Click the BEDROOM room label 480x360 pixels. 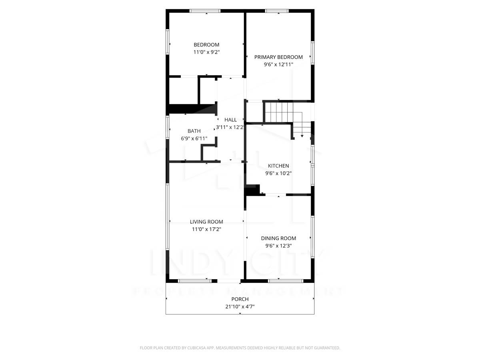pyautogui.click(x=206, y=45)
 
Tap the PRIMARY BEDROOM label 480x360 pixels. pyautogui.click(x=278, y=57)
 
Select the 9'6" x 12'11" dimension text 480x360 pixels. pyautogui.click(x=278, y=64)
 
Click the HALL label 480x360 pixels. pyautogui.click(x=230, y=120)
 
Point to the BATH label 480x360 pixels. pyautogui.click(x=194, y=131)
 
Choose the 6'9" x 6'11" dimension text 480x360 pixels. pyautogui.click(x=194, y=138)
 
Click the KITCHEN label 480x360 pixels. pyautogui.click(x=278, y=166)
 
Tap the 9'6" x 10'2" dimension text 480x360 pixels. pyautogui.click(x=278, y=173)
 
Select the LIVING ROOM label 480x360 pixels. pyautogui.click(x=206, y=222)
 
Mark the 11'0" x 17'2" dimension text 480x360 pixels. pyautogui.click(x=206, y=229)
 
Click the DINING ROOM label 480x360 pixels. pyautogui.click(x=278, y=238)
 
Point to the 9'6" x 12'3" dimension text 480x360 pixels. pyautogui.click(x=278, y=246)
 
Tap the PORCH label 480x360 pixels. pyautogui.click(x=240, y=299)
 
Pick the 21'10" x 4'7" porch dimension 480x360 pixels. pyautogui.click(x=240, y=307)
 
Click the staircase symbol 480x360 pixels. pyautogui.click(x=280, y=113)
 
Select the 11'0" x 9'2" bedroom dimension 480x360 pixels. pyautogui.click(x=206, y=52)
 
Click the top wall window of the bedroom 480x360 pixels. pyautogui.click(x=205, y=11)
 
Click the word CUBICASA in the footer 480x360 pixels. pyautogui.click(x=197, y=348)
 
